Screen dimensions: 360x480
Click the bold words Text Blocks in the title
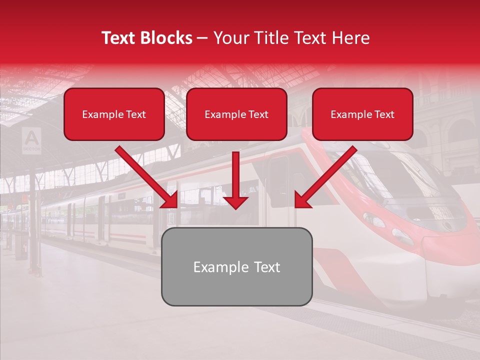point(147,38)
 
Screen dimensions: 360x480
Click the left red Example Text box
point(114,114)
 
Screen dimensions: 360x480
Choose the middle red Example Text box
point(236,114)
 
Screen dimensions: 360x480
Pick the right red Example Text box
point(362,114)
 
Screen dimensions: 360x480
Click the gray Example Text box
point(236,267)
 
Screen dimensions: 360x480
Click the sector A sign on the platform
point(31,139)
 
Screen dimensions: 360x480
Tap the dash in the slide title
point(202,38)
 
